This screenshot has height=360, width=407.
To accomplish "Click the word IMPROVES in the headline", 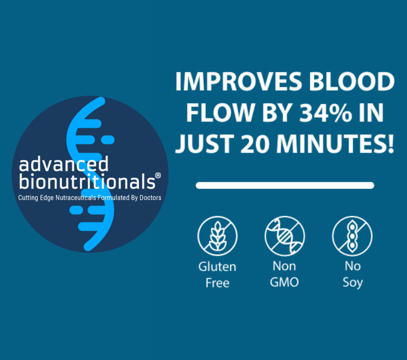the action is [x=239, y=81].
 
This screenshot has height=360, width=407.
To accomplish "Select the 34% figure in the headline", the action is [x=329, y=113].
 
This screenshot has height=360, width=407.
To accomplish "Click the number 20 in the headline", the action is [x=255, y=144].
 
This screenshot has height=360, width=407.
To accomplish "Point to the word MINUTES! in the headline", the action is [x=335, y=144].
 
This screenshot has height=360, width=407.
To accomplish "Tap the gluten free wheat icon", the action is [x=218, y=236].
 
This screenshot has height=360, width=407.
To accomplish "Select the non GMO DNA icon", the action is [x=285, y=236].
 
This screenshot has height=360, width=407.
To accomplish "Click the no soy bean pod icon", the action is [x=352, y=236].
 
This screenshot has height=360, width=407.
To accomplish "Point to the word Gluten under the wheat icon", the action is [x=217, y=266].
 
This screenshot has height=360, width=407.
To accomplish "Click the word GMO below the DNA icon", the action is [x=284, y=282].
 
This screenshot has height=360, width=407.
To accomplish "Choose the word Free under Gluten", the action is [x=218, y=283].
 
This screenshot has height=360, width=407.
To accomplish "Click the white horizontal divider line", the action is [x=285, y=185].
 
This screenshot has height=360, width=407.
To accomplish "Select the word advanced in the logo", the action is [x=64, y=164].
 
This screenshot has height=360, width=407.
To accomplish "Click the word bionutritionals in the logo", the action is [x=87, y=181].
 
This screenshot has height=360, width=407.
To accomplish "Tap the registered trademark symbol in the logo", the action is [x=158, y=176].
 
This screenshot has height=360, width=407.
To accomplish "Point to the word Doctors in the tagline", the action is [x=150, y=198].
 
